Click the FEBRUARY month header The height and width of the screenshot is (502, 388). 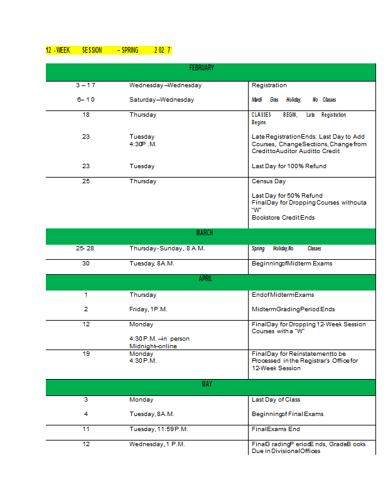point(202,68)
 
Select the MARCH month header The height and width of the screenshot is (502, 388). point(205,233)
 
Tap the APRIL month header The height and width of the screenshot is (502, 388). point(205,279)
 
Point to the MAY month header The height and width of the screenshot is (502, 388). point(207,383)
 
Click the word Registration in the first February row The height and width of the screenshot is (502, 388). point(269,85)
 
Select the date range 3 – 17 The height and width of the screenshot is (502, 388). point(85,85)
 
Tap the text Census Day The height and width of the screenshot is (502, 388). point(269,181)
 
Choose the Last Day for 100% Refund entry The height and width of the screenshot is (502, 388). point(289,166)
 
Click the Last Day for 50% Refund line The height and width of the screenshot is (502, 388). point(287,196)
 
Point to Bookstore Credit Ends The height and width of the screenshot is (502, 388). point(283,218)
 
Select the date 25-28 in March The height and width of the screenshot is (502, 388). point(85,248)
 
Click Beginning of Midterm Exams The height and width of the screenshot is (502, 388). point(292,264)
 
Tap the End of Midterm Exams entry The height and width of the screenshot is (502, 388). point(283,294)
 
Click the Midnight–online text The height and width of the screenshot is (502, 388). point(153,346)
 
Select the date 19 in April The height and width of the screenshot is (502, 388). point(86,354)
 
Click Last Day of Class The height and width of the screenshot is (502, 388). point(276,399)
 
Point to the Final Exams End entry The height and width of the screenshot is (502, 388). point(276,429)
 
